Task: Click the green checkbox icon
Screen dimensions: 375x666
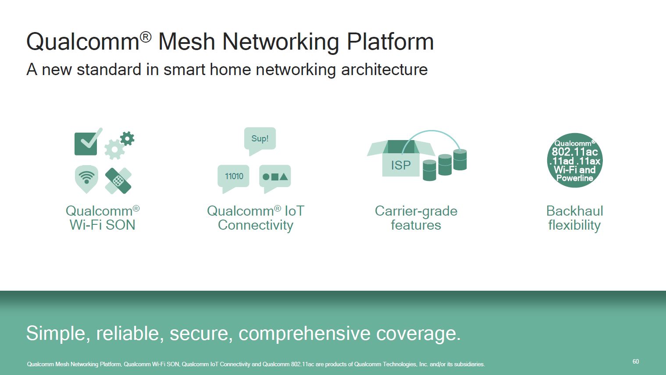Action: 86,144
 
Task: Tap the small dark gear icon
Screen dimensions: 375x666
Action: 127,139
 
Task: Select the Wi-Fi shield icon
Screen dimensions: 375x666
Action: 86,178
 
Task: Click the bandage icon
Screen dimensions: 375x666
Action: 118,180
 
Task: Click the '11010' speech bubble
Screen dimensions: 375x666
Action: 234,177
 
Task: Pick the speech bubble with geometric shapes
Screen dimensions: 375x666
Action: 275,177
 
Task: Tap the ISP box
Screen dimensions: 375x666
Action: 400,162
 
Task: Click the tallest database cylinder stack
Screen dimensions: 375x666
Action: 460,159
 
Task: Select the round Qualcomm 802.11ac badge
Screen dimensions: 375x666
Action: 575,160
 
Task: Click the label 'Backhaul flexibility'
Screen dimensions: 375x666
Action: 574,218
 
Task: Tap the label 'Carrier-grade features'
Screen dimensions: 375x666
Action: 416,218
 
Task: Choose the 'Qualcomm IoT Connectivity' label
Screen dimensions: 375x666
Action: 256,218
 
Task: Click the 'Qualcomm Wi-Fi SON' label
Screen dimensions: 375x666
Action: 103,218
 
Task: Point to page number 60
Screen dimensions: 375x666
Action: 635,361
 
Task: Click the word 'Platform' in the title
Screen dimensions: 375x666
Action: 390,42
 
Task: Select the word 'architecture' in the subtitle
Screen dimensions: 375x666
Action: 384,69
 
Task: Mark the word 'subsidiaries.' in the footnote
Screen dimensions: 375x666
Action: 469,364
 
